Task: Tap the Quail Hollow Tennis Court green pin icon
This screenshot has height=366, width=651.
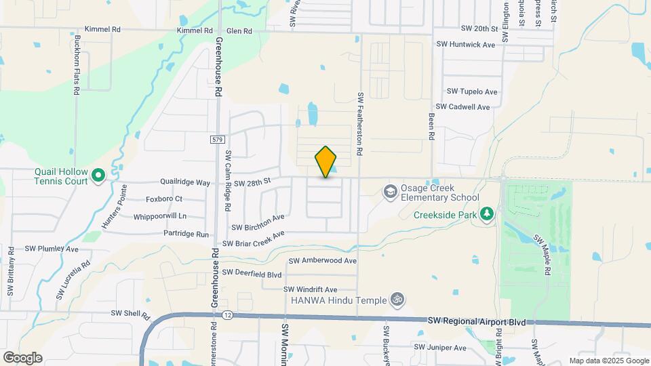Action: [x=98, y=176]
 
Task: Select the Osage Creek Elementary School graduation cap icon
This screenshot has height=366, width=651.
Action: [x=390, y=192]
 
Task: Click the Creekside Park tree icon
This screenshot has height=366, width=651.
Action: [x=486, y=215]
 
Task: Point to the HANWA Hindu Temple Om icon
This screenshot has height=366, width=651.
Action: [x=397, y=300]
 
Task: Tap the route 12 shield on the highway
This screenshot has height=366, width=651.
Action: [x=226, y=315]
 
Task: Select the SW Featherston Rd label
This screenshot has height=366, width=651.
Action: [x=360, y=123]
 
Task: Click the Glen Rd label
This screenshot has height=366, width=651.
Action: [x=239, y=31]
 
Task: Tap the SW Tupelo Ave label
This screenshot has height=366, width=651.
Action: [x=472, y=91]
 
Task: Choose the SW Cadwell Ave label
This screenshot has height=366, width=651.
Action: [x=462, y=107]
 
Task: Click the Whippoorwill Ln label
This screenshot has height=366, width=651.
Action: [x=159, y=216]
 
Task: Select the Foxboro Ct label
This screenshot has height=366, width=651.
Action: [x=164, y=199]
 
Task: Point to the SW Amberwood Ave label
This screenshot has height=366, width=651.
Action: [x=323, y=260]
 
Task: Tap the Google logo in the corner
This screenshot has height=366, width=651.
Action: [x=22, y=357]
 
